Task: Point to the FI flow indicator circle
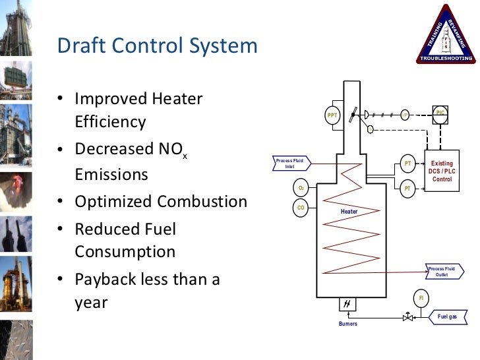click(x=421, y=297)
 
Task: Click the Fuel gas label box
click(x=447, y=317)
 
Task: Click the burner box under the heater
click(x=347, y=305)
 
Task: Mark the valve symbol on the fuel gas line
click(x=408, y=317)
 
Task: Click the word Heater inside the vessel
click(x=349, y=211)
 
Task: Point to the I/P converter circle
click(x=405, y=115)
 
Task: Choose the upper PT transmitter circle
click(x=407, y=163)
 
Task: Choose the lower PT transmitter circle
click(x=407, y=188)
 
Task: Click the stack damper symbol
click(x=355, y=115)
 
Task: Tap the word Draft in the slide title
click(x=78, y=45)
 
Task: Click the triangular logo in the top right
click(x=446, y=36)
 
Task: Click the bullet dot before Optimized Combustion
click(x=60, y=202)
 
